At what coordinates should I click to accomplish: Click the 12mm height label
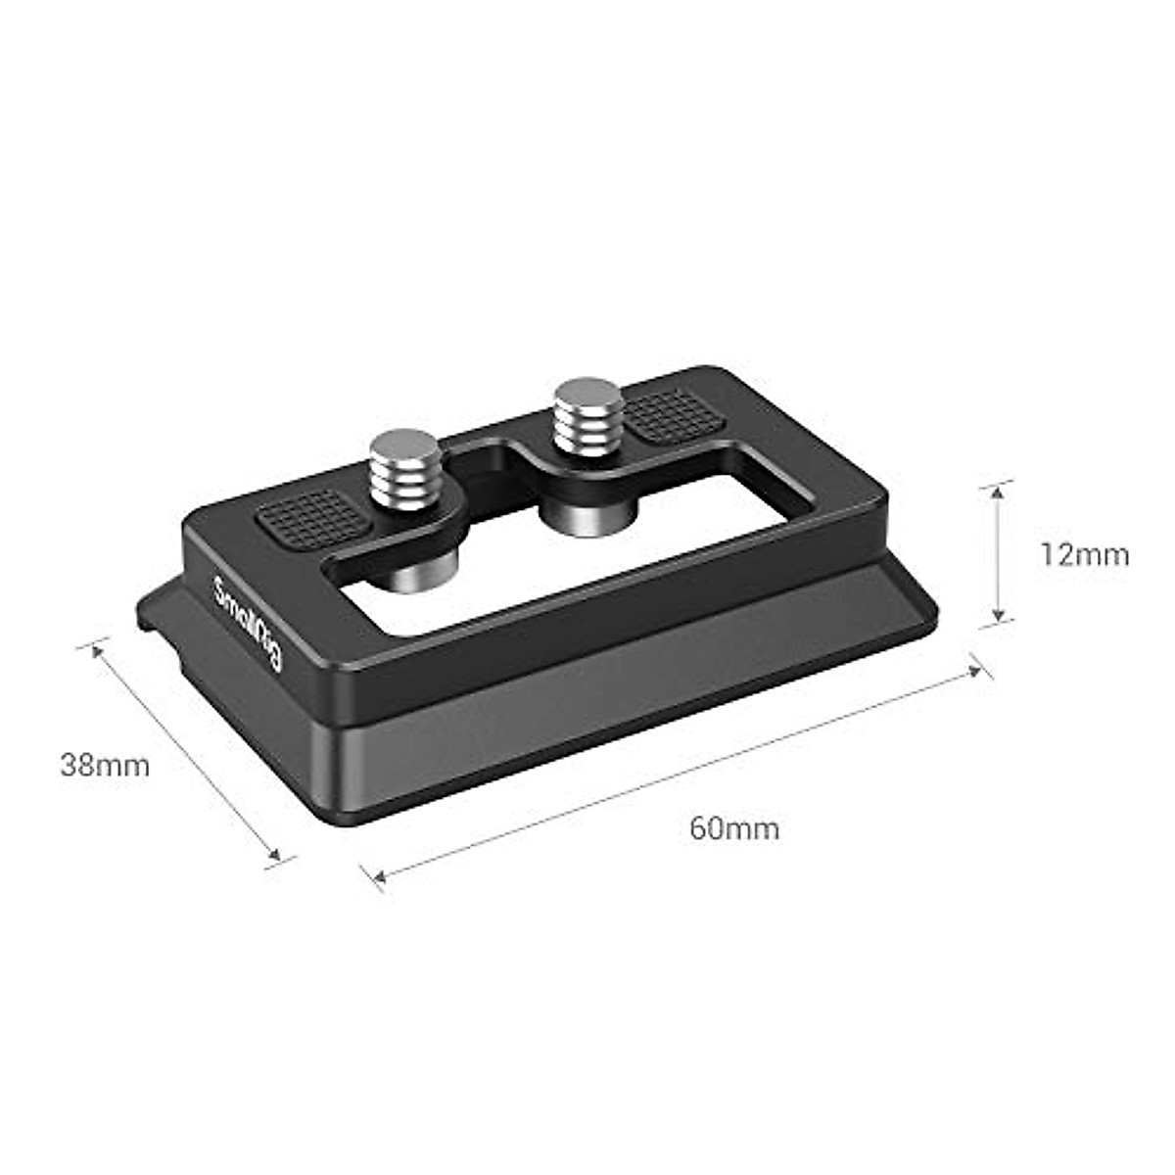(x=1084, y=555)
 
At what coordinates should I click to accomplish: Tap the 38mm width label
(x=105, y=765)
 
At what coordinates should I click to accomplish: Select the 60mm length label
(x=734, y=828)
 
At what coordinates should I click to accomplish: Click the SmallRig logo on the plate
(x=248, y=624)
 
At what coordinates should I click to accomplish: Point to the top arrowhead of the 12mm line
(x=998, y=491)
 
